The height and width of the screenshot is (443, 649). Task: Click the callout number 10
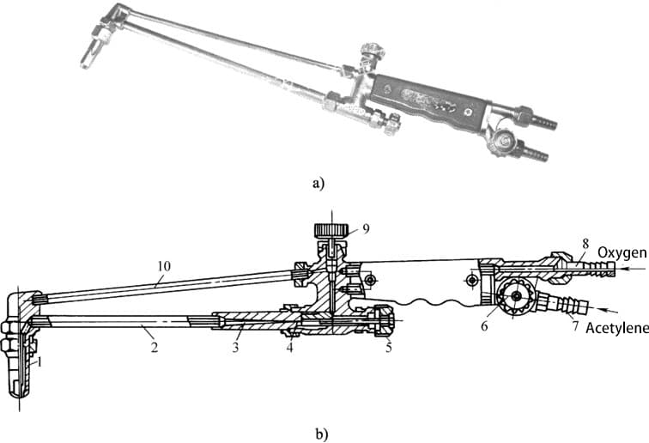(x=163, y=266)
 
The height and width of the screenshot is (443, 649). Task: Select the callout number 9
(x=365, y=228)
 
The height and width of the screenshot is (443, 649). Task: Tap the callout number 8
(x=585, y=244)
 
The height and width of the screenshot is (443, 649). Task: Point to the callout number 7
(x=575, y=326)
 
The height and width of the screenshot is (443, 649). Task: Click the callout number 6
(x=484, y=326)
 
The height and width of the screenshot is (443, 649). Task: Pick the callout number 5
(x=388, y=347)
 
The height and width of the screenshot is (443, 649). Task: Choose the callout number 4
(x=290, y=347)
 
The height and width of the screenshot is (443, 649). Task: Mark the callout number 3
(x=235, y=347)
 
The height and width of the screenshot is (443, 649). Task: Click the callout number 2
(x=154, y=347)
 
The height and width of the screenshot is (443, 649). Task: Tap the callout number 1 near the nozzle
(x=39, y=362)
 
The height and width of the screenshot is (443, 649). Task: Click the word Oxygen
(x=622, y=252)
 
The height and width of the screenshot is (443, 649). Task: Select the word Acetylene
(x=617, y=328)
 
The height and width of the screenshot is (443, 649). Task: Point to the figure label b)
(x=322, y=434)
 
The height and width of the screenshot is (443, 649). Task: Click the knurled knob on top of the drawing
(x=331, y=229)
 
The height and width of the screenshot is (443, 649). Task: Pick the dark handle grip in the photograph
(x=429, y=102)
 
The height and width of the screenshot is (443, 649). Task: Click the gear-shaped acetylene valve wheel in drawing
(x=516, y=295)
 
